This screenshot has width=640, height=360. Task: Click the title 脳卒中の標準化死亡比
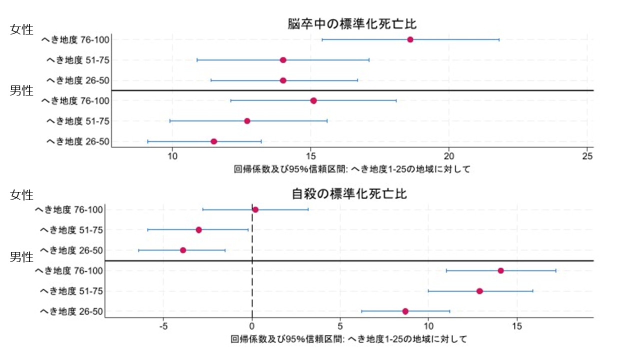352,24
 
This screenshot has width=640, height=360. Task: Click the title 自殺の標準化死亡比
349,194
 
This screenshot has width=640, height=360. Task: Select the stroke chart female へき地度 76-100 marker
410,39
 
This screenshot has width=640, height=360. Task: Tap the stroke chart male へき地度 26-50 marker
214,141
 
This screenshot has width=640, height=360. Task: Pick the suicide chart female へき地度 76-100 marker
255,209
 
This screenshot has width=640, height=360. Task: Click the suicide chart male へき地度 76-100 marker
500,270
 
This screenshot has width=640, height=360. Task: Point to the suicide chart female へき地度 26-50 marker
183,250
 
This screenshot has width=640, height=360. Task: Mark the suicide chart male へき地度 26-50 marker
405,311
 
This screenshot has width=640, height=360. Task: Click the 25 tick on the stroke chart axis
588,156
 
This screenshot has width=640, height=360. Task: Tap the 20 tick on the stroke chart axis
449,156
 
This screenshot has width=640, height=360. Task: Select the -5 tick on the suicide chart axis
163,326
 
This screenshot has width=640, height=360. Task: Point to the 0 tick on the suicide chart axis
252,326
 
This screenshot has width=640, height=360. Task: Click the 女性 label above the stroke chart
21,29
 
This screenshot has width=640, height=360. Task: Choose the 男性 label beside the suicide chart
21,257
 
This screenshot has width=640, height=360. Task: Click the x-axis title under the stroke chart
352,169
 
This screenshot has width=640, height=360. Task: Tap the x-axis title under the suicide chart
349,339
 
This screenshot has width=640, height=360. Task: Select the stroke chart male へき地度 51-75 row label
77,121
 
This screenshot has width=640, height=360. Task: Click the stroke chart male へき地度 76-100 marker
313,100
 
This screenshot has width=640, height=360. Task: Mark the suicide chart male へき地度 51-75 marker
479,291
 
